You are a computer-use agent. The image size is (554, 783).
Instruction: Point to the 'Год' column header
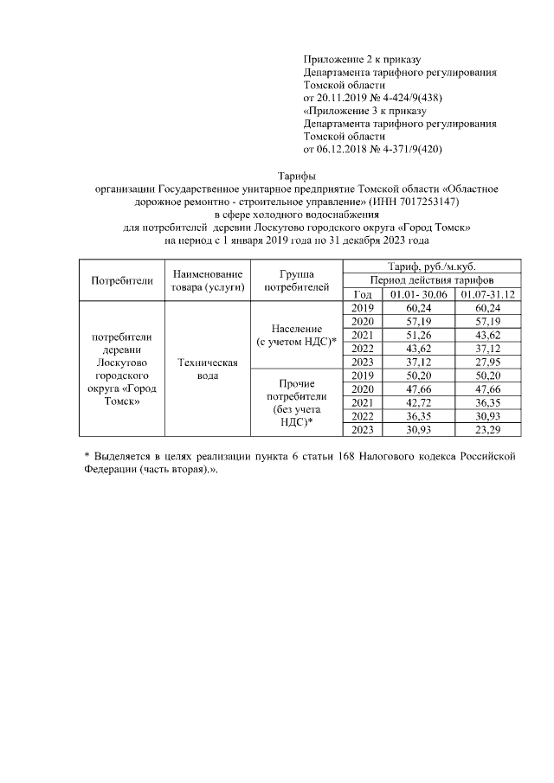pyautogui.click(x=362, y=295)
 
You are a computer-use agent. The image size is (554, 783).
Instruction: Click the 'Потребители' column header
pyautogui.click(x=122, y=280)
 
